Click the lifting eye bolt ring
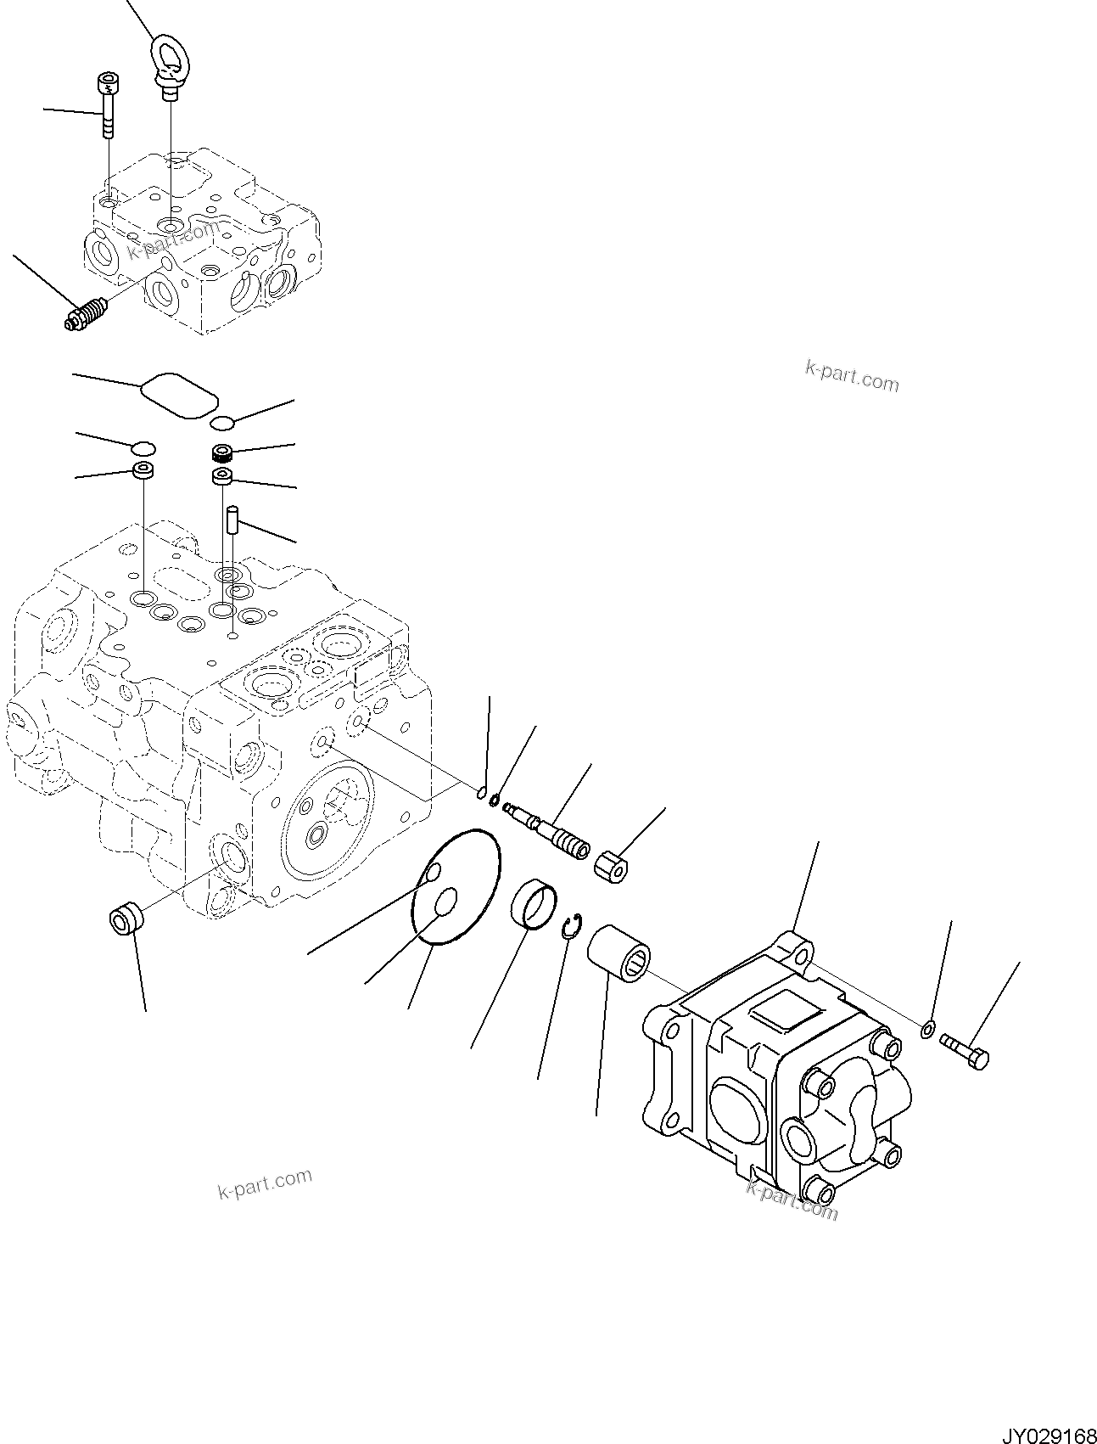pyautogui.click(x=168, y=58)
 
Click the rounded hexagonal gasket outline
pyautogui.click(x=179, y=394)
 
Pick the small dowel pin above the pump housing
pyautogui.click(x=232, y=520)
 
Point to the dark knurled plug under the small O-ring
pyautogui.click(x=224, y=452)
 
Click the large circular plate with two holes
pyautogui.click(x=455, y=886)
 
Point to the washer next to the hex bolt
pyautogui.click(x=927, y=1030)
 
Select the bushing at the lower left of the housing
pyautogui.click(x=126, y=922)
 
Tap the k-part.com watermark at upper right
pyautogui.click(x=851, y=375)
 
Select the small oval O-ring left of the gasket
pyautogui.click(x=143, y=447)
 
